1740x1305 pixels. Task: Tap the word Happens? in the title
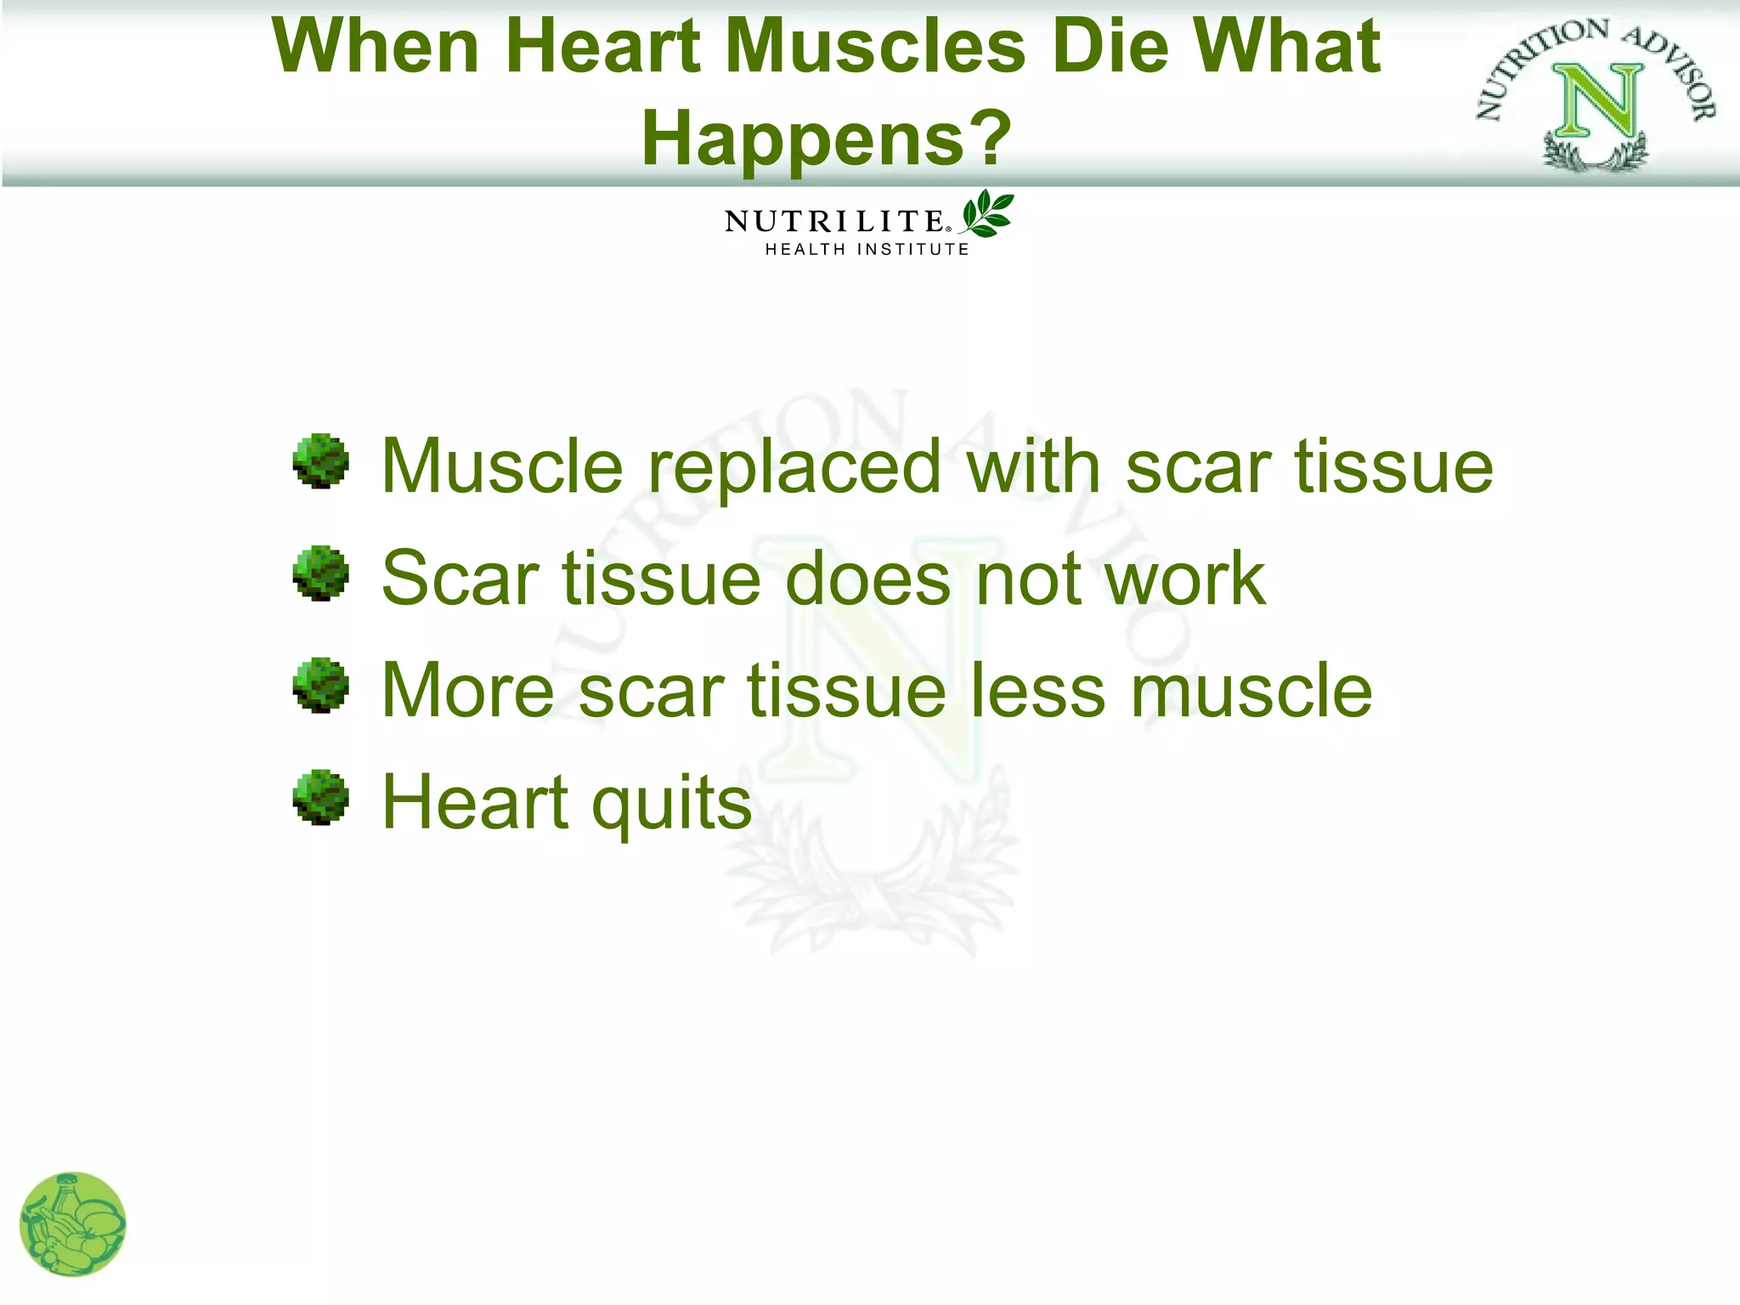(827, 138)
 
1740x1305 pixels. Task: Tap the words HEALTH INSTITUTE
(867, 250)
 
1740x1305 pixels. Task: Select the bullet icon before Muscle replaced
(320, 461)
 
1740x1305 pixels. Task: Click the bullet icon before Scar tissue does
(320, 573)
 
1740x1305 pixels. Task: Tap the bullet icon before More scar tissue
(320, 685)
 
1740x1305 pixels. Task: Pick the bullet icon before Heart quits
(320, 797)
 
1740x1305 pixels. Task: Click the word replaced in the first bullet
(794, 466)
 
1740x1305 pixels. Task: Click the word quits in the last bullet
(671, 804)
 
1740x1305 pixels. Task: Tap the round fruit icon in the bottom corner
(73, 1224)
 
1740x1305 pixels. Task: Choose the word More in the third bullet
(468, 691)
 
